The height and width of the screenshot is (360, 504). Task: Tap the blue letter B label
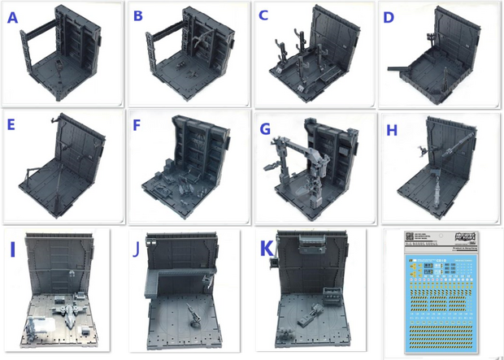pyautogui.click(x=138, y=16)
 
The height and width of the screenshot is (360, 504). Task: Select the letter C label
pyautogui.click(x=263, y=16)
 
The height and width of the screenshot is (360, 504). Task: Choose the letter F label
pyautogui.click(x=137, y=126)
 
